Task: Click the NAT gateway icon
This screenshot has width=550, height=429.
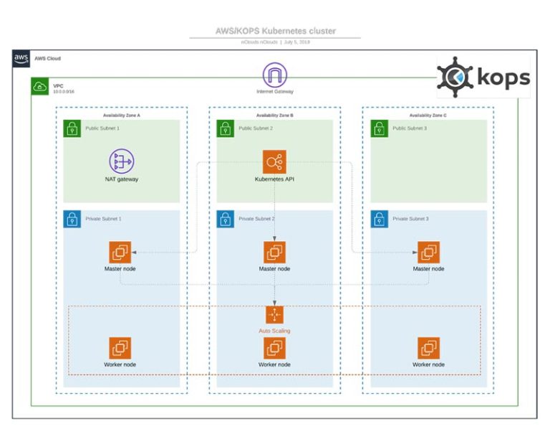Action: [121, 161]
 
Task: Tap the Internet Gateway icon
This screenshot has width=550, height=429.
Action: [274, 75]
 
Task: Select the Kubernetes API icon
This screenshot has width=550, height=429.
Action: [274, 161]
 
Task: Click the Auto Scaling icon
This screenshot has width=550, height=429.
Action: [274, 315]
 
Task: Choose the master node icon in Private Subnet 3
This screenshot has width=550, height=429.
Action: [428, 253]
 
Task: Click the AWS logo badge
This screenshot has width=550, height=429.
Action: [21, 59]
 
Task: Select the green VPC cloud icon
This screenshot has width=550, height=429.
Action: [39, 87]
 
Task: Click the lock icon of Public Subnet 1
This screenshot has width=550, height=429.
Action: [72, 128]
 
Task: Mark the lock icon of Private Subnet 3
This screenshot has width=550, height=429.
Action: [380, 219]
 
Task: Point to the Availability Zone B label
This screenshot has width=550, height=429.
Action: [275, 115]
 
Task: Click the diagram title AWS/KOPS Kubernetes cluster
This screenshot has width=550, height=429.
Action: [275, 32]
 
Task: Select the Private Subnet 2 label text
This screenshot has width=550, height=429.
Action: [257, 218]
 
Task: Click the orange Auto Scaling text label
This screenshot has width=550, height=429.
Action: [274, 331]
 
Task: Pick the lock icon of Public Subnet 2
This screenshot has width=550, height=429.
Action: [226, 128]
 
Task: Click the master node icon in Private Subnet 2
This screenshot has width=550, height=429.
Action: [274, 253]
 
